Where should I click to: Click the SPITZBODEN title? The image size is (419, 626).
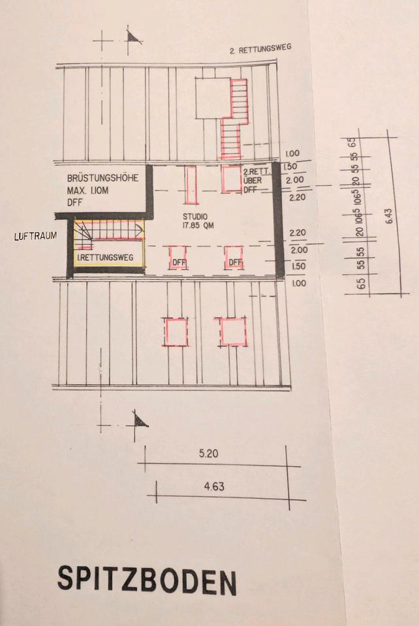146,579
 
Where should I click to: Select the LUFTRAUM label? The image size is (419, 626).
33,237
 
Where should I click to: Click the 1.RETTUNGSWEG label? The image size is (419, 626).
105,258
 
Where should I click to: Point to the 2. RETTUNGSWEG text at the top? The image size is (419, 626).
260,50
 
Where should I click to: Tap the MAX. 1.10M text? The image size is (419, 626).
93,190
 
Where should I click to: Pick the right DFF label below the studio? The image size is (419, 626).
234,263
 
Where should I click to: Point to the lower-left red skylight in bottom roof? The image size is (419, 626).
176,332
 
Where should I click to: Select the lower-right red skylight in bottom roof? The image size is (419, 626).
232,331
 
